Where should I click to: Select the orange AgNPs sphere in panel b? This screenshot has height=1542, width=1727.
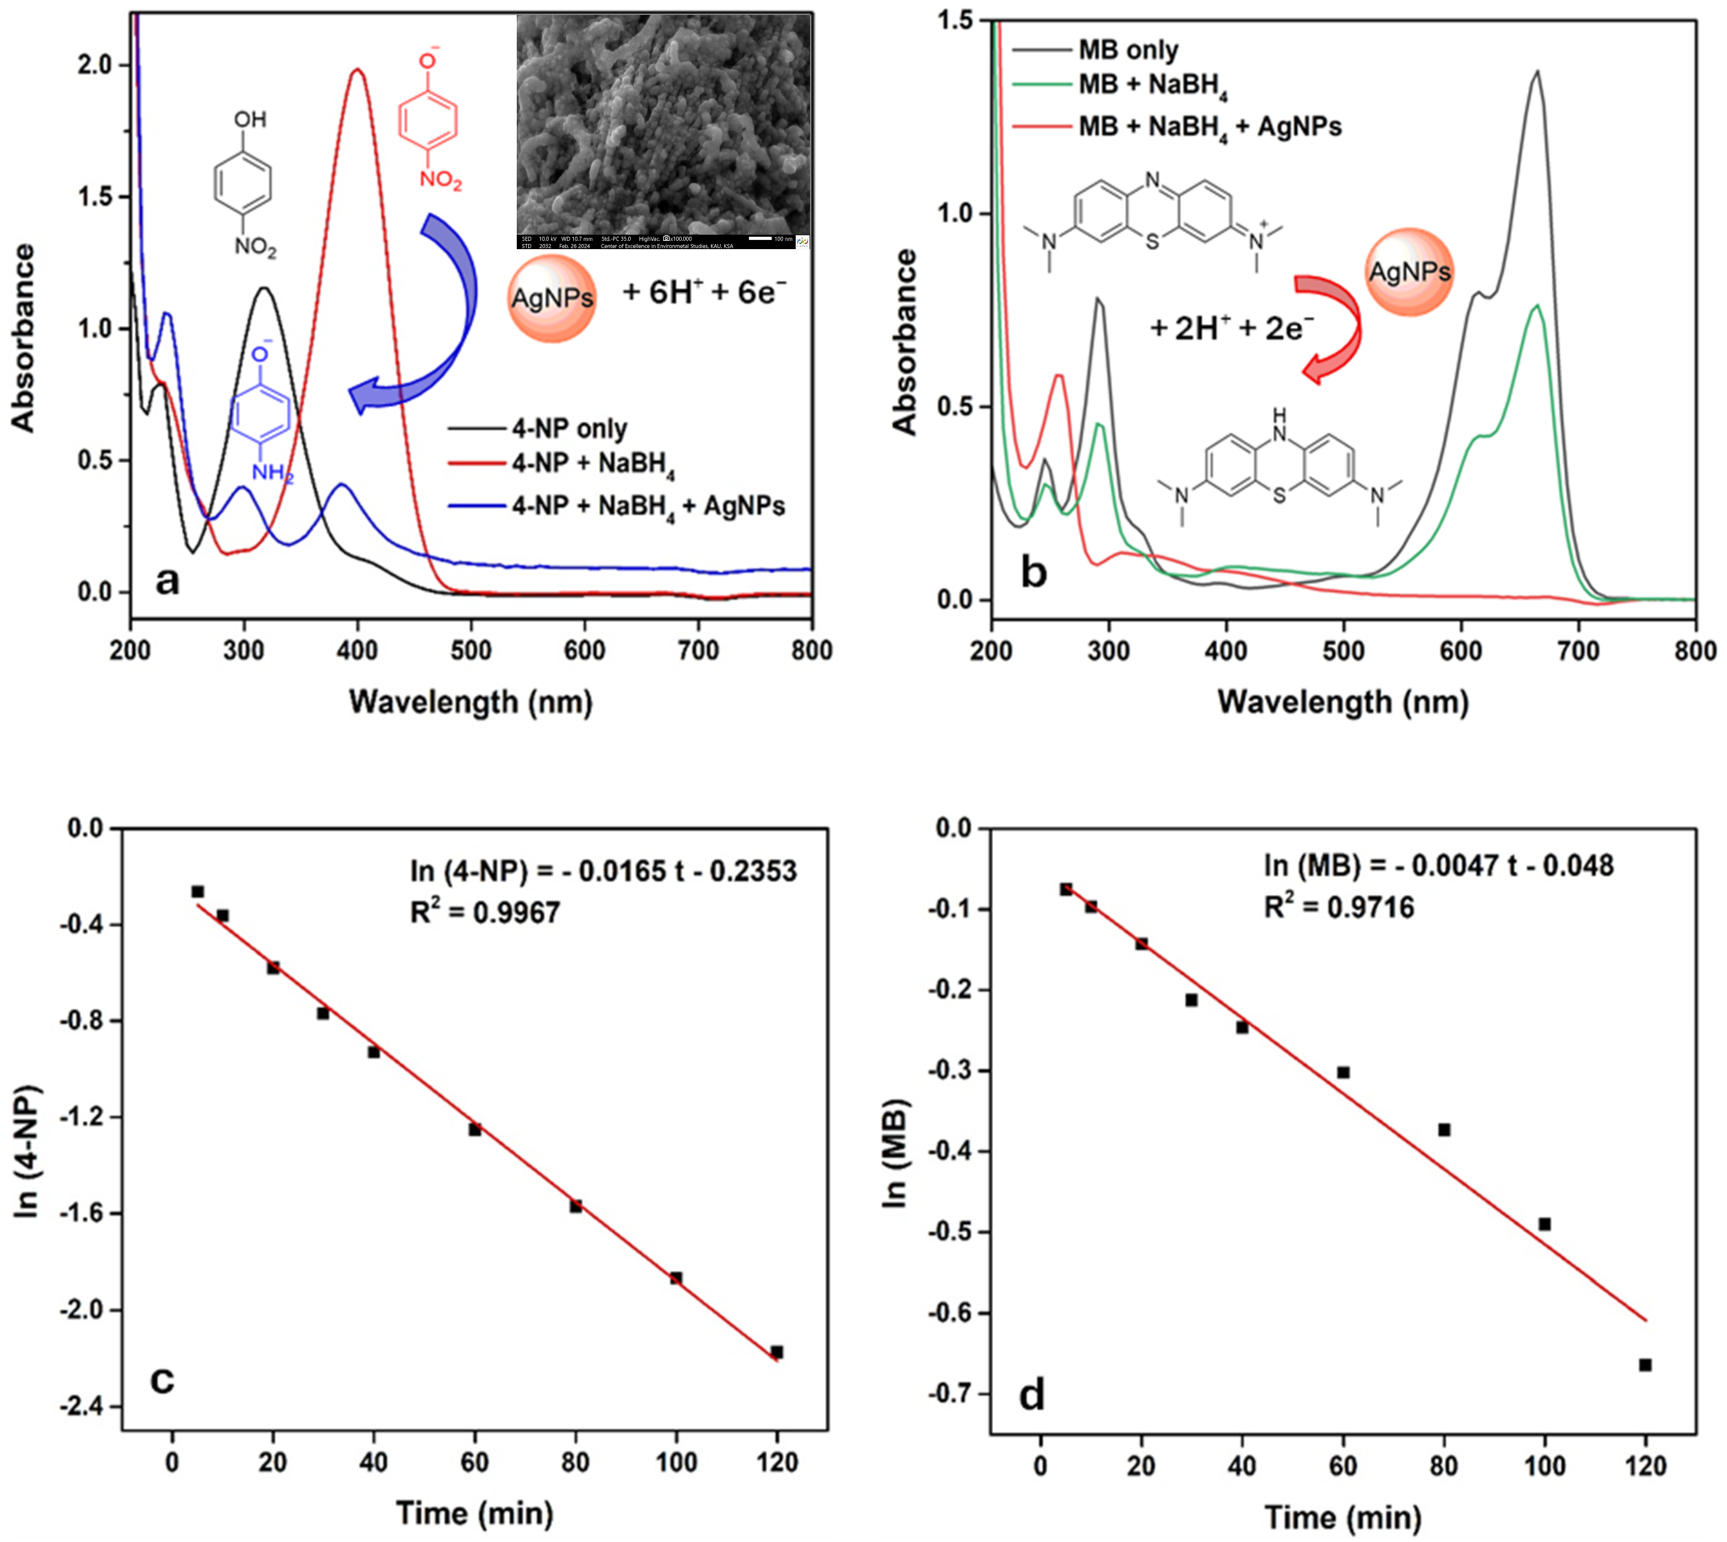point(1409,272)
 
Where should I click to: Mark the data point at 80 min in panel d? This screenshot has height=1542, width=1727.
point(1444,1130)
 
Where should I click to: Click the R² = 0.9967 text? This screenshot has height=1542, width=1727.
point(485,912)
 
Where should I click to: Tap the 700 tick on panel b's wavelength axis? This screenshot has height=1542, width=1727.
point(1578,651)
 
